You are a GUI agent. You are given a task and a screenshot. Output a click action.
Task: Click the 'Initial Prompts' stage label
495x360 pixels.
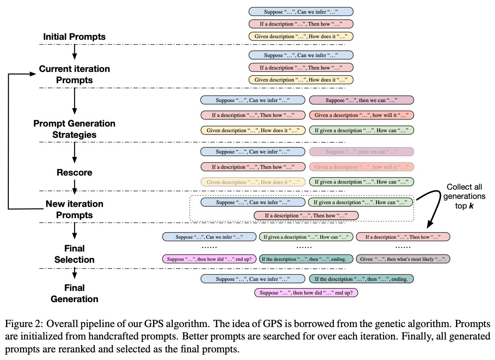(x=74, y=37)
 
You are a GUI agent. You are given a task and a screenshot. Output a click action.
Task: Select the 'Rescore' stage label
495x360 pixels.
(x=74, y=172)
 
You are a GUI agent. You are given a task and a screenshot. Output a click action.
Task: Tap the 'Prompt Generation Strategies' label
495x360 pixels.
(x=74, y=129)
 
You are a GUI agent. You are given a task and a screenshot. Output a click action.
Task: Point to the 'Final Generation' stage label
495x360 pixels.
(x=74, y=293)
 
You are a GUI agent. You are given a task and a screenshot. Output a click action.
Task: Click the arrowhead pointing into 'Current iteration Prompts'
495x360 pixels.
(x=32, y=74)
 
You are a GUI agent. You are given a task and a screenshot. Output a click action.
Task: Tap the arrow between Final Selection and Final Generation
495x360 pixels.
(x=74, y=274)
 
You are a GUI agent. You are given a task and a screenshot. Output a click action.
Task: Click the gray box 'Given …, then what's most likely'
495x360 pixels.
(x=403, y=259)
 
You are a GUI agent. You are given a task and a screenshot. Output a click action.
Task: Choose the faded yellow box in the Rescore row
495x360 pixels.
(x=253, y=182)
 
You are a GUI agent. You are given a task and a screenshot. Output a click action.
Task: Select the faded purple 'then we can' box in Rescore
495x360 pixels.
(x=361, y=152)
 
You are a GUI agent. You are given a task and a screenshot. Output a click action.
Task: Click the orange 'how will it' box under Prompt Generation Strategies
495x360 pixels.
(x=361, y=115)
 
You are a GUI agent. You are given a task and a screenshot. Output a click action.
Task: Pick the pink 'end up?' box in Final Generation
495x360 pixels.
(x=306, y=293)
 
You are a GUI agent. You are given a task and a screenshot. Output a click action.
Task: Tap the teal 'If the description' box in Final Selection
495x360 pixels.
(x=306, y=259)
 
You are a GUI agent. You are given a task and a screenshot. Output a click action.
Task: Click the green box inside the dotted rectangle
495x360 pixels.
(x=360, y=202)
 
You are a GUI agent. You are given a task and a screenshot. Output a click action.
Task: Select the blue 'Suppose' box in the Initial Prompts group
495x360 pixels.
(x=301, y=12)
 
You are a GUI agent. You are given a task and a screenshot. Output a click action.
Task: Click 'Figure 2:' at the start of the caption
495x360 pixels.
(x=20, y=324)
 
